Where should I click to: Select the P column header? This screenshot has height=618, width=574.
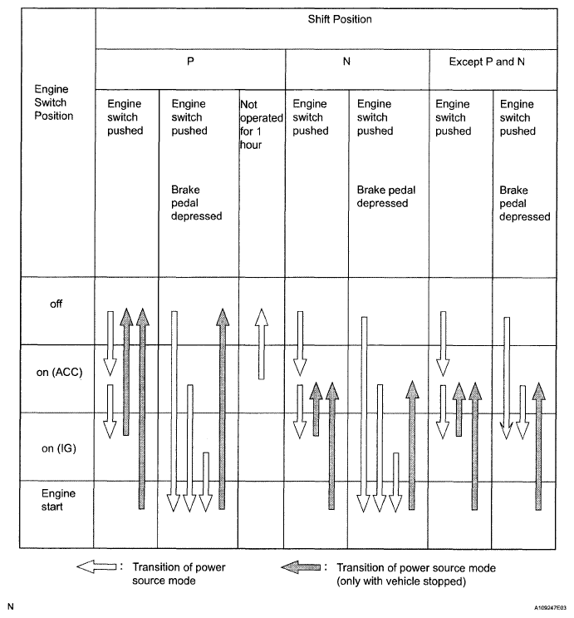[x=191, y=62]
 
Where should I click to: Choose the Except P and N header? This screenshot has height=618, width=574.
[x=493, y=62]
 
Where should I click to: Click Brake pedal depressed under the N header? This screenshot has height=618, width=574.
[x=386, y=196]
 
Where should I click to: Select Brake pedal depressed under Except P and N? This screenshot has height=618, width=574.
[x=525, y=203]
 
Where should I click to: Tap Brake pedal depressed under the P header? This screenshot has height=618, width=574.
[x=191, y=203]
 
